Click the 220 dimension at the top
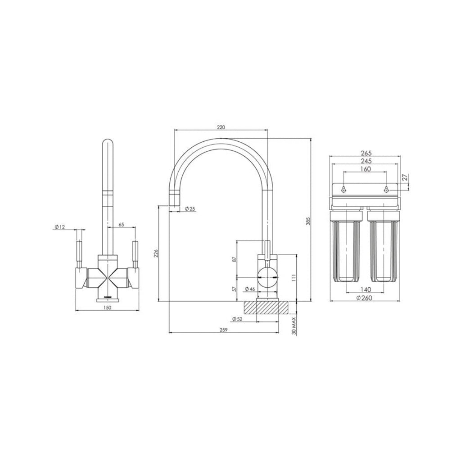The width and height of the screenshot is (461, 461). (x=221, y=127)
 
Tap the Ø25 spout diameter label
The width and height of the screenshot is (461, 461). (x=190, y=208)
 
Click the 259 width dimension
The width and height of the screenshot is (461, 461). (x=224, y=330)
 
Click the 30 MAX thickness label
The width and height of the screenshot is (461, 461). (x=294, y=324)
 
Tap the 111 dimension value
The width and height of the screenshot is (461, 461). (x=293, y=278)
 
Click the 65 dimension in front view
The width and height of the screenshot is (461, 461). (x=121, y=224)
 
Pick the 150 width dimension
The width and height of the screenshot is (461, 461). (x=107, y=307)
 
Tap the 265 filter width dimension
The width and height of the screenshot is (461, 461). (x=366, y=153)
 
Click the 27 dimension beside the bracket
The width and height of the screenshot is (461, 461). (x=406, y=178)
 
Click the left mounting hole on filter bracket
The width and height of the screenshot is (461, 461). (x=343, y=190)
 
